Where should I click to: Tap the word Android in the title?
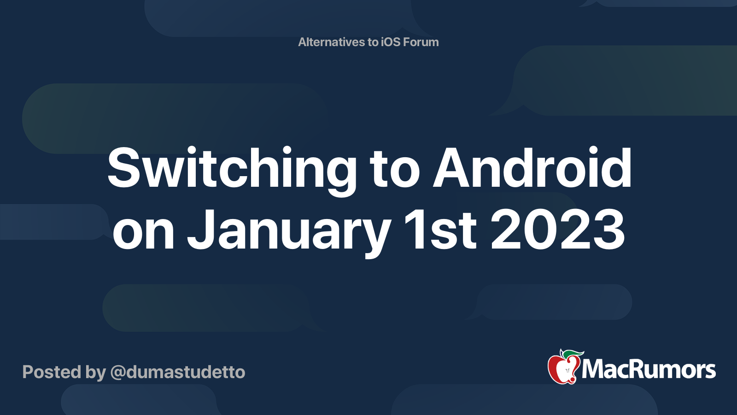pyautogui.click(x=532, y=169)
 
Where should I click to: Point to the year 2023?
pyautogui.click(x=558, y=230)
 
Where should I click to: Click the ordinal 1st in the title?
pyautogui.click(x=439, y=230)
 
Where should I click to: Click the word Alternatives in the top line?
pyautogui.click(x=331, y=42)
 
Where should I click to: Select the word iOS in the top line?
pyautogui.click(x=390, y=42)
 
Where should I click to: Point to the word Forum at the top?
pyautogui.click(x=421, y=42)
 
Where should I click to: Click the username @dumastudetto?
pyautogui.click(x=178, y=372)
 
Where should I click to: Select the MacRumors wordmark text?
pyautogui.click(x=649, y=369)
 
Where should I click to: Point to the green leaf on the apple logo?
pyautogui.click(x=573, y=353)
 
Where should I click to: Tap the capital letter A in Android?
pyautogui.click(x=454, y=169)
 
